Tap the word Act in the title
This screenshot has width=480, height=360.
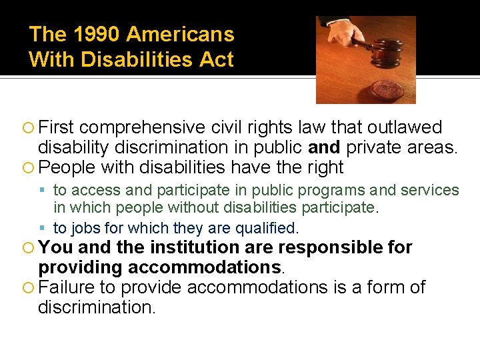point(219,60)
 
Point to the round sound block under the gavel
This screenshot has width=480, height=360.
point(386,89)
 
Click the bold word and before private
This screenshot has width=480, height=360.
point(324,147)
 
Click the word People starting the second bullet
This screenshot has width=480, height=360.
point(68,167)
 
